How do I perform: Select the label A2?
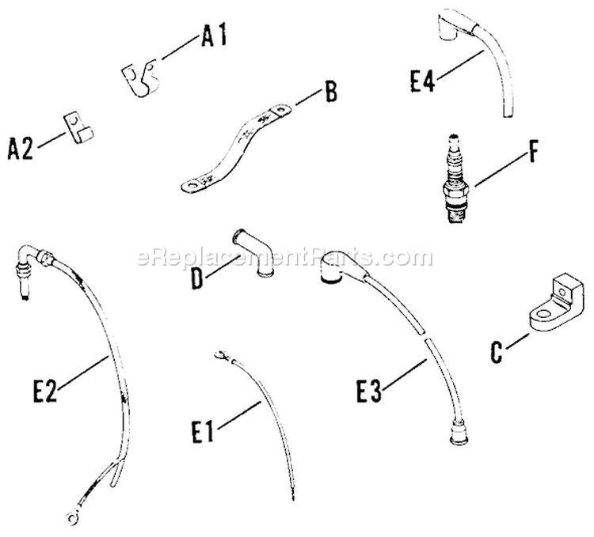click(21, 148)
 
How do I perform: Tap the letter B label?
click(330, 93)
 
